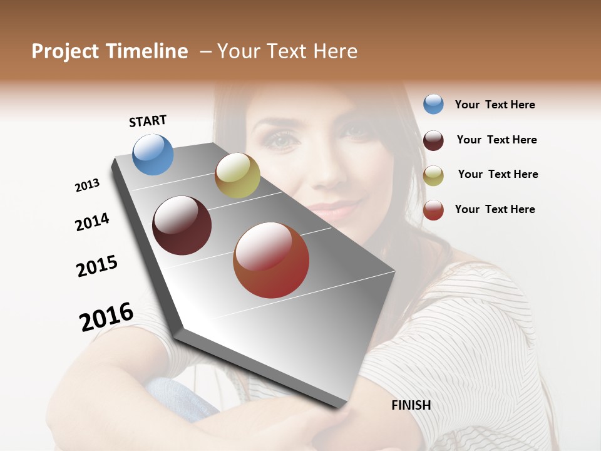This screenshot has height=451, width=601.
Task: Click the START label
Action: tap(148, 121)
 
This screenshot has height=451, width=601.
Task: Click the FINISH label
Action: tap(411, 405)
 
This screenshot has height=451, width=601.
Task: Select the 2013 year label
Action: tap(87, 185)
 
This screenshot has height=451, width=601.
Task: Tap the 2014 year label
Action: tap(92, 222)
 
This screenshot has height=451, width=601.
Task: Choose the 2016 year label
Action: tap(106, 316)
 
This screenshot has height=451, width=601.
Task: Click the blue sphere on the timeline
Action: tap(153, 154)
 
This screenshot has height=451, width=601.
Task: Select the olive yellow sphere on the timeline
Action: tap(237, 175)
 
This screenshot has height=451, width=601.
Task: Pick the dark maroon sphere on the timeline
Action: tap(182, 225)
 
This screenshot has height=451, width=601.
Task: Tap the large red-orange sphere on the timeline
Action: tap(271, 260)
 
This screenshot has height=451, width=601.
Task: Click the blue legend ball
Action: tap(433, 104)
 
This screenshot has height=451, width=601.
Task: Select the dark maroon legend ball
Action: tap(433, 140)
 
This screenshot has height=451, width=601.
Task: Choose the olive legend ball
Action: tap(433, 175)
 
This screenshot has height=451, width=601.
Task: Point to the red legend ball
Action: tap(433, 210)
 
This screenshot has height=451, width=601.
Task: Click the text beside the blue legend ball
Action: tap(495, 105)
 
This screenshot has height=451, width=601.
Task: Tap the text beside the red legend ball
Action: tap(495, 209)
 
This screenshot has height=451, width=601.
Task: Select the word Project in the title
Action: tap(65, 51)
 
